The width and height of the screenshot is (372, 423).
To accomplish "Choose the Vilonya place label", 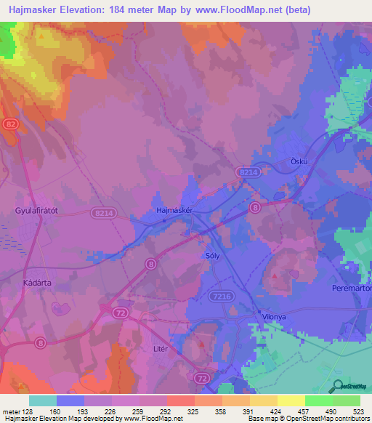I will [275, 318].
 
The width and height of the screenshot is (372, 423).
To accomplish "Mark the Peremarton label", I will [352, 289].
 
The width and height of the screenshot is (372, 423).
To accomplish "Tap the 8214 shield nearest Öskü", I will [248, 172].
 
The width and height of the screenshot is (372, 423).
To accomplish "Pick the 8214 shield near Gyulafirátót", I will [104, 213].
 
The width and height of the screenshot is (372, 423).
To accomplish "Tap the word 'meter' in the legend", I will [11, 411].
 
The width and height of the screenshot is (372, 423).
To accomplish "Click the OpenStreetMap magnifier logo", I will [336, 387].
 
